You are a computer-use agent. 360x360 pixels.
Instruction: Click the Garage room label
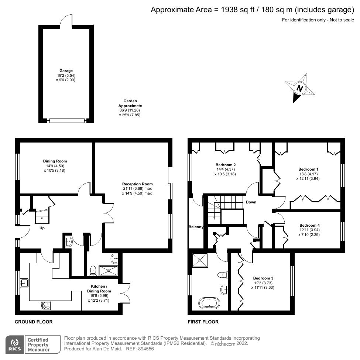(x=66, y=71)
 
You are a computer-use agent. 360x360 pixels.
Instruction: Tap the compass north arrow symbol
(x=300, y=88)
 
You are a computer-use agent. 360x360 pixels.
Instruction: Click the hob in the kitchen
(x=46, y=305)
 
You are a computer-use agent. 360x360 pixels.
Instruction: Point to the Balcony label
(x=196, y=227)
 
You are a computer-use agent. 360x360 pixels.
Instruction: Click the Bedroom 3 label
(x=263, y=278)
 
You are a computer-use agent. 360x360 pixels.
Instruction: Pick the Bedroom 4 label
(x=309, y=225)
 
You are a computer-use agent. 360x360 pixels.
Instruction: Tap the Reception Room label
(x=137, y=184)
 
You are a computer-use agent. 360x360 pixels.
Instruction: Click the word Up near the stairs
(x=42, y=228)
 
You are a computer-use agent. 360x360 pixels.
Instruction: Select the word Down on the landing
(x=251, y=202)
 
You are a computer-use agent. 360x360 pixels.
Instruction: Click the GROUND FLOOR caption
(x=34, y=322)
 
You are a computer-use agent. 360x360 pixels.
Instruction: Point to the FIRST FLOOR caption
(x=203, y=322)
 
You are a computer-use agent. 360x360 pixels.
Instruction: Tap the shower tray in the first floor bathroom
(x=200, y=260)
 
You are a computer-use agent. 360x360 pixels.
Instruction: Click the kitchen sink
(x=25, y=283)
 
